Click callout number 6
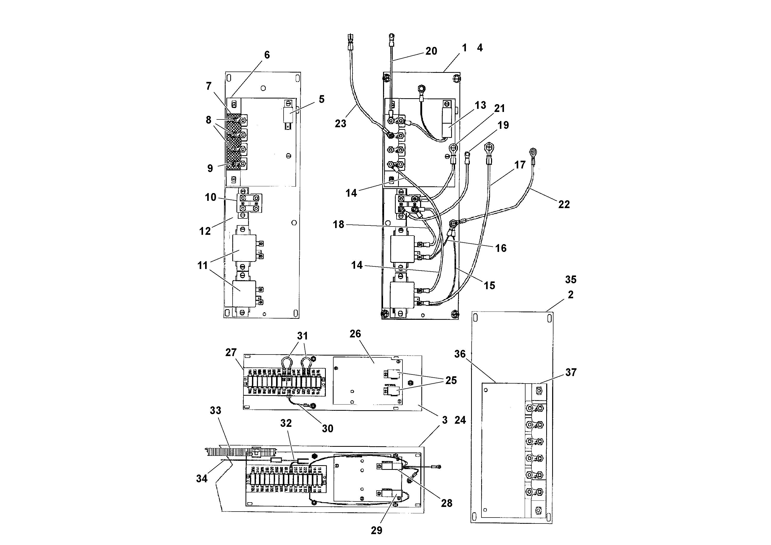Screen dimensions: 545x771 (x=267, y=55)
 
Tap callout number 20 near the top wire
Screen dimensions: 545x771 (x=431, y=51)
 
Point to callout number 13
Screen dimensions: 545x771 (x=480, y=105)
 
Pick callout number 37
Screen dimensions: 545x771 (x=571, y=372)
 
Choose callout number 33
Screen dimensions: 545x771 (x=215, y=410)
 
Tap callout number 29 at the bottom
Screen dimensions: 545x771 (x=376, y=530)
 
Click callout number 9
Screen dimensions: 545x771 (x=210, y=168)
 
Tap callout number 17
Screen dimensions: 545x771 (x=520, y=165)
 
